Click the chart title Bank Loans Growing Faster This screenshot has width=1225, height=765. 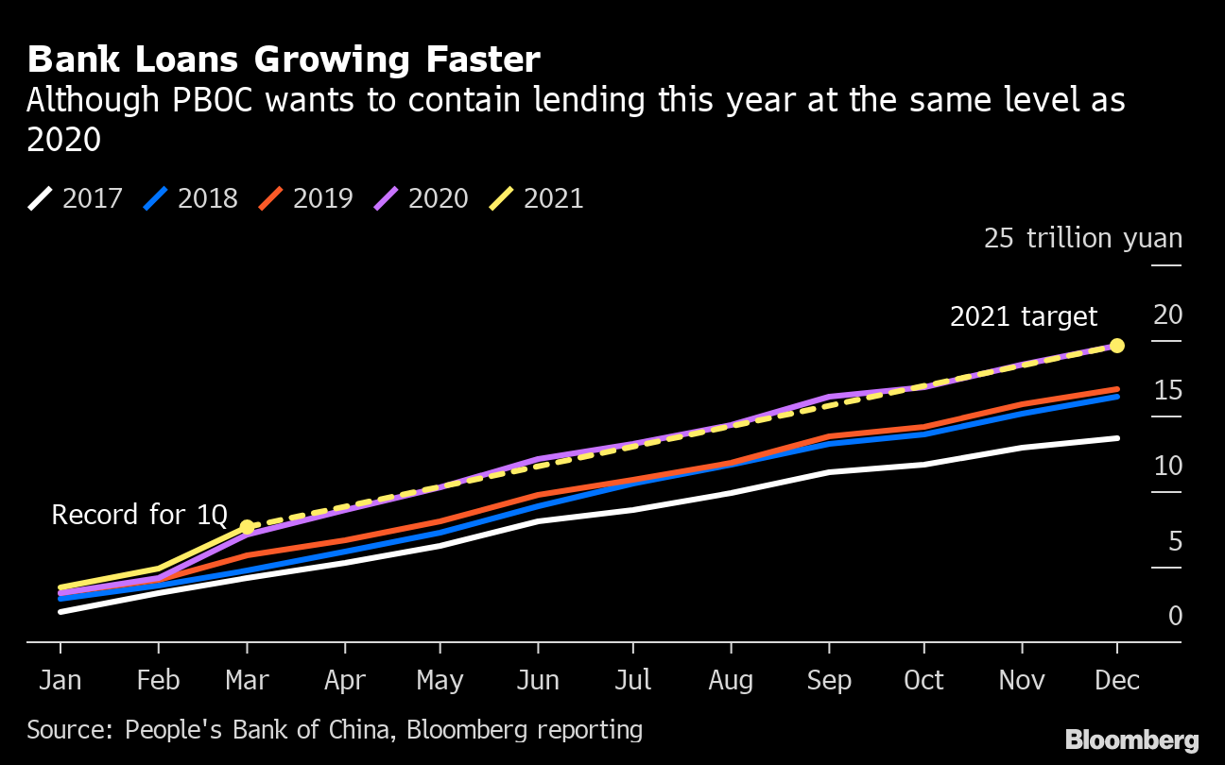[x=284, y=59]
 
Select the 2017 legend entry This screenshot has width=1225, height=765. [x=76, y=198]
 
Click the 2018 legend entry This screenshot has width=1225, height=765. [x=191, y=198]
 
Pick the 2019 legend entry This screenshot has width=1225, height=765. [x=306, y=198]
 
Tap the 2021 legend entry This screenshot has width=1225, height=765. [x=537, y=198]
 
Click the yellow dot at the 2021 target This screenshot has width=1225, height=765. [x=1117, y=346]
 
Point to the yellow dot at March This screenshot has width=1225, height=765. [x=247, y=526]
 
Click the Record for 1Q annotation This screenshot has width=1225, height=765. [x=139, y=515]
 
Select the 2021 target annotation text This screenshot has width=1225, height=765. [x=1024, y=316]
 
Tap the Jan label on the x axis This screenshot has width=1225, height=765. [x=60, y=680]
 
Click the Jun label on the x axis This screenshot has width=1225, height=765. [x=538, y=680]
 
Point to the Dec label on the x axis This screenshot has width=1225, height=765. [x=1117, y=680]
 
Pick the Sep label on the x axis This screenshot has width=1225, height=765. [x=828, y=680]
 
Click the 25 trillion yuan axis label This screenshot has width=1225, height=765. [x=1082, y=238]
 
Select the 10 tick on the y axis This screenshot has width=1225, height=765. [x=1168, y=466]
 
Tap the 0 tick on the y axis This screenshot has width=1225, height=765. [x=1175, y=616]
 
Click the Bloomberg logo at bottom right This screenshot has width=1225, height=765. [x=1131, y=739]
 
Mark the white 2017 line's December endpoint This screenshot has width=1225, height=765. [x=1117, y=438]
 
